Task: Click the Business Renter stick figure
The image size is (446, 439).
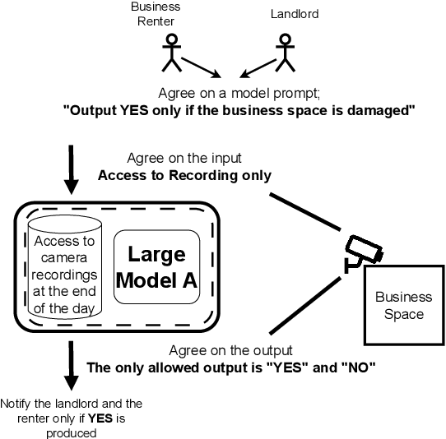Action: pos(171,52)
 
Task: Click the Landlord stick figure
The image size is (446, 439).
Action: pos(285,52)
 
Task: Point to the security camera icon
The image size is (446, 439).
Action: pos(363,252)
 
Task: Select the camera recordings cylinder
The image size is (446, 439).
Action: pos(65,270)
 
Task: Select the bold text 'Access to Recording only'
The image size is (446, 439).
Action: pos(184,175)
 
